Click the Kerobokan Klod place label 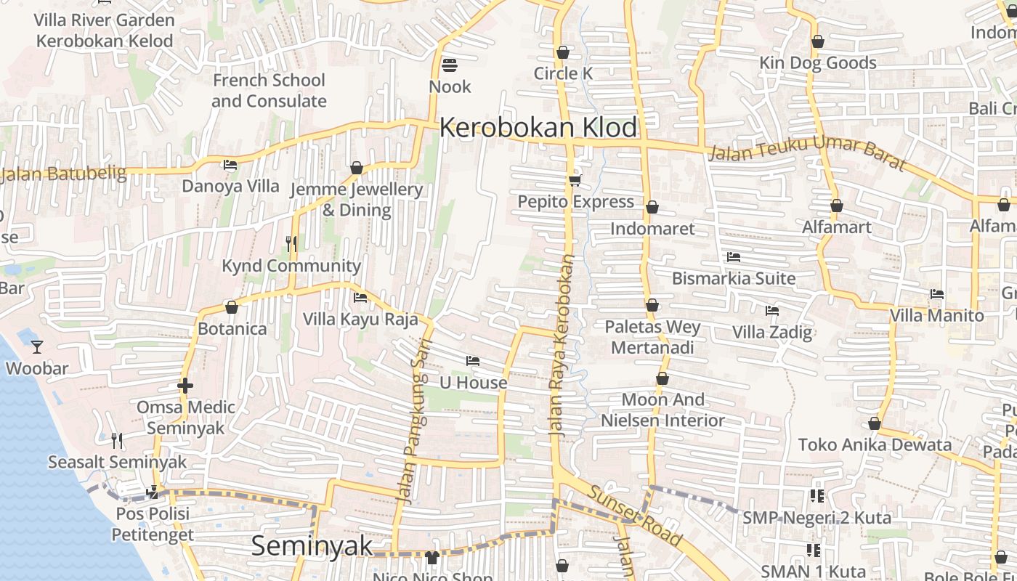click(538, 128)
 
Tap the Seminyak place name click(312, 546)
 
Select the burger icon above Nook click(450, 65)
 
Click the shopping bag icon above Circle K click(562, 52)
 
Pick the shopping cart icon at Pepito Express click(575, 180)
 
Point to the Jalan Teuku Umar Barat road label click(806, 153)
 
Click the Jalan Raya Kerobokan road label click(562, 345)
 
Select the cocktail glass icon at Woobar click(37, 347)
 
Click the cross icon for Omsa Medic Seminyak click(185, 386)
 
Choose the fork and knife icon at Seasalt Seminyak click(116, 440)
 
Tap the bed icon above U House click(473, 361)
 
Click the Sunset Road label click(635, 516)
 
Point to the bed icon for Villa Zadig click(771, 311)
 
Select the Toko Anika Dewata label click(875, 444)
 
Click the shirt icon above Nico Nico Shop click(432, 557)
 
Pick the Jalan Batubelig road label click(64, 174)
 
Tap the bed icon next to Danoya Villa click(230, 165)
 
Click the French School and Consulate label click(269, 91)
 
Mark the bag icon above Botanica click(232, 308)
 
